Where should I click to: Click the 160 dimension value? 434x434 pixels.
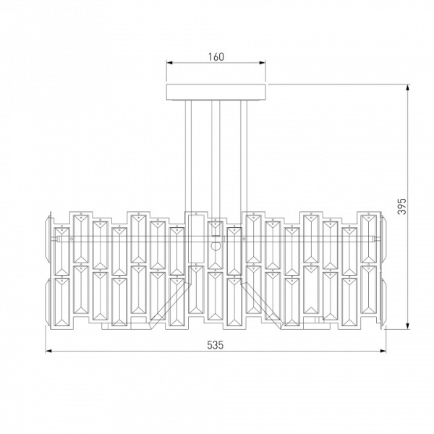[x=216, y=56]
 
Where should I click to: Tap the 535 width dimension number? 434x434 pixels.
[x=215, y=345]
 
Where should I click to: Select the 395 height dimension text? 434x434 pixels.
[x=401, y=206]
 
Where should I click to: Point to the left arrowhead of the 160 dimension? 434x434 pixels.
[x=169, y=62]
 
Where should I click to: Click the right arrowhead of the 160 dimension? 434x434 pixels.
[x=263, y=62]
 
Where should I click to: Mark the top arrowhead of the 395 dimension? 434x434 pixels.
[x=407, y=88]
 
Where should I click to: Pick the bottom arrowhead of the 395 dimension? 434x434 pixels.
[x=407, y=326]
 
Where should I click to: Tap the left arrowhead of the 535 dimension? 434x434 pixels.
[x=48, y=351]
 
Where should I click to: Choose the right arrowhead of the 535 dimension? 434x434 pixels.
[x=383, y=351]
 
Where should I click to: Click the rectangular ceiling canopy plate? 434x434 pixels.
[x=216, y=92]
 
